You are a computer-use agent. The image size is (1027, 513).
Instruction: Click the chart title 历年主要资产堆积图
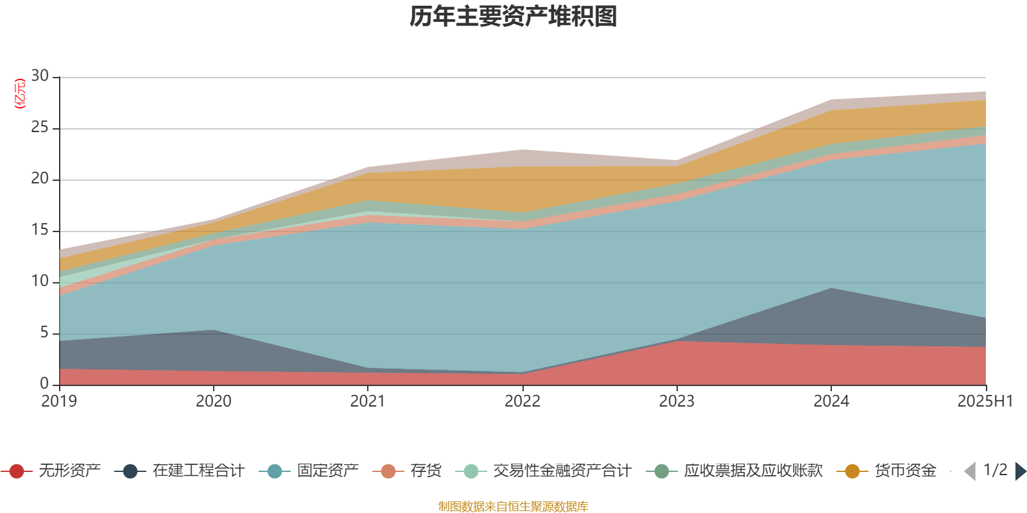pos(513,17)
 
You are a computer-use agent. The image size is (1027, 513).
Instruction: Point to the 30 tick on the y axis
pos(40,76)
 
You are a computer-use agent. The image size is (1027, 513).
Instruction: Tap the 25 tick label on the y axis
pos(40,128)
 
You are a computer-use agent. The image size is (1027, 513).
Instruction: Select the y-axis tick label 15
pos(40,230)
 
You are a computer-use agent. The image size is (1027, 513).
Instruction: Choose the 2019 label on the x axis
pos(59,401)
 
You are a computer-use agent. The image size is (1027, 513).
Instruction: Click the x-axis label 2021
pos(368,401)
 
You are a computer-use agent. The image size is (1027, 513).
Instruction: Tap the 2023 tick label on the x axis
pos(677,401)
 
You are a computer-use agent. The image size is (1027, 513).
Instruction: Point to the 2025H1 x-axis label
pos(985,401)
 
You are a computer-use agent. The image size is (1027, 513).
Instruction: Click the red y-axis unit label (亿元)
pos(20,94)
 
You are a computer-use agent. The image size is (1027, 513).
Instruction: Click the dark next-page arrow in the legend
pos(1020,471)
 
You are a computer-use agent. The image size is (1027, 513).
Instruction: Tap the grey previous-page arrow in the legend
pos(970,471)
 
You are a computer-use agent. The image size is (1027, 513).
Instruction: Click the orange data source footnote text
pos(513,507)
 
